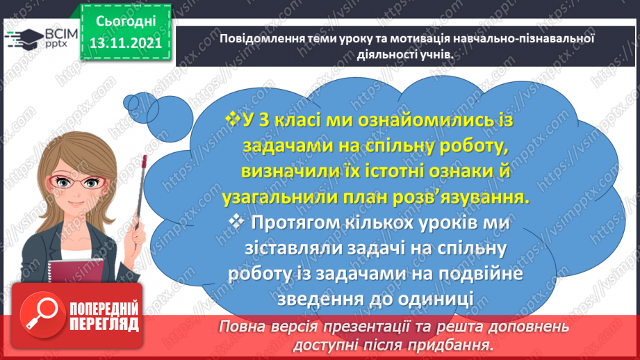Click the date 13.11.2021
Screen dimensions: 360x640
click(126, 43)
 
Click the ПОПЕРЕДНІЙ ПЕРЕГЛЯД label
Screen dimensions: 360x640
click(104, 316)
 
